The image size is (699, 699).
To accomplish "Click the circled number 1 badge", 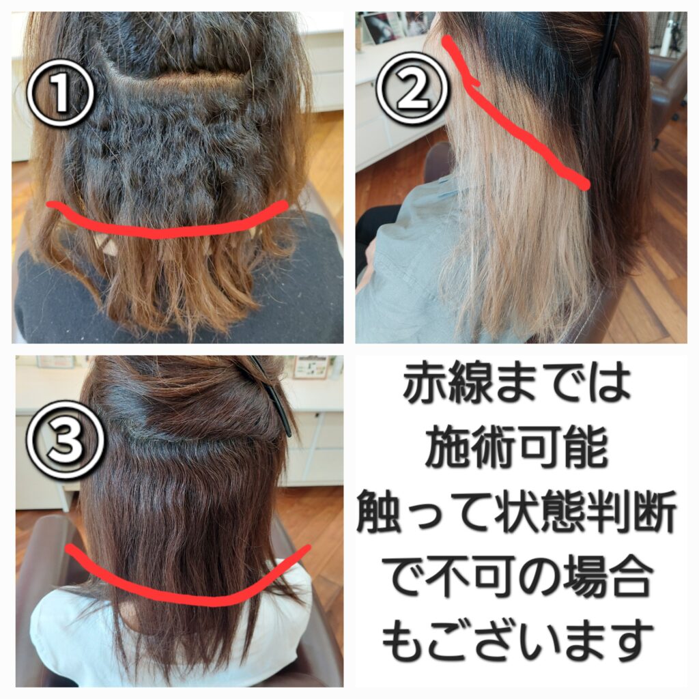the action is point(60,93).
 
